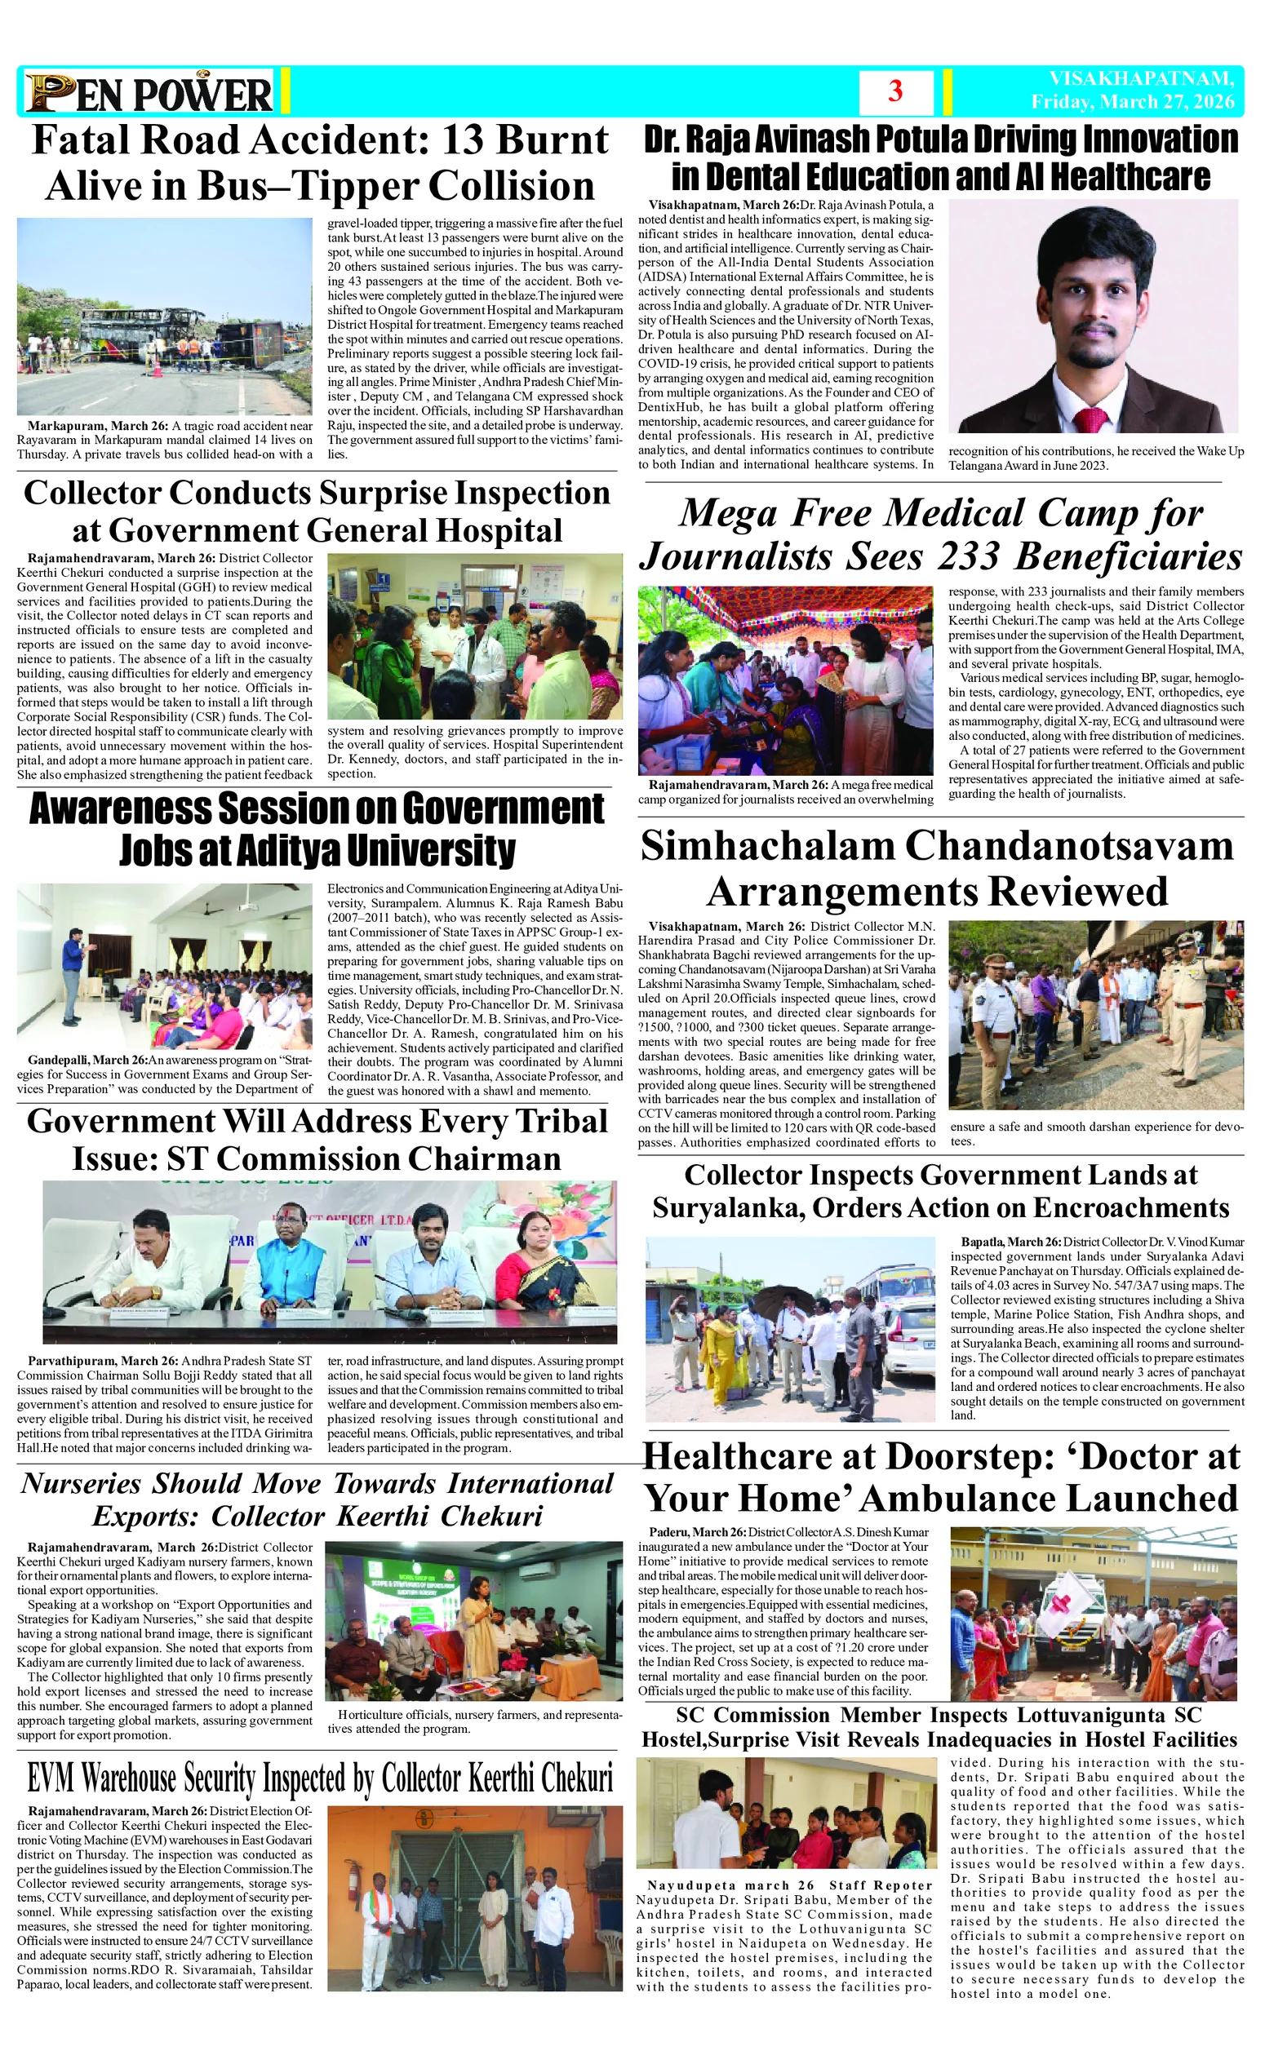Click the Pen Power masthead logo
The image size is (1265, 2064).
(149, 92)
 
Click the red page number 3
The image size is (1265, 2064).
(894, 91)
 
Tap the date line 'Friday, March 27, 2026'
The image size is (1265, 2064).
(1133, 101)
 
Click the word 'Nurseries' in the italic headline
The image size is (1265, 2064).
(81, 1483)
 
